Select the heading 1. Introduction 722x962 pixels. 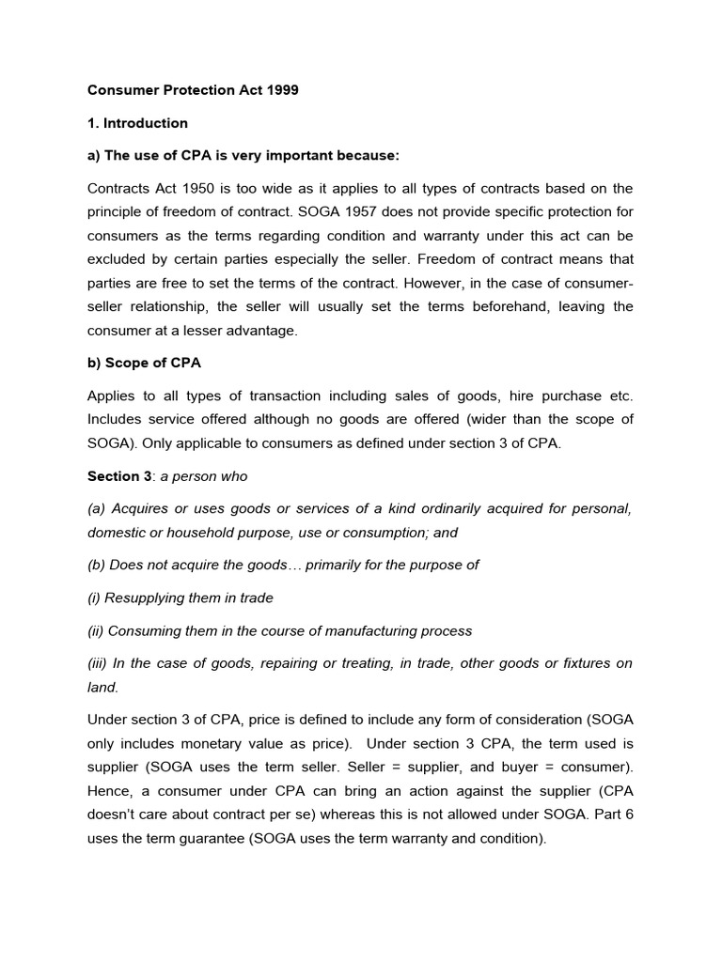[x=137, y=123]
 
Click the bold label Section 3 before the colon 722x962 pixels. [x=119, y=476]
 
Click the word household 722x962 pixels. [x=213, y=532]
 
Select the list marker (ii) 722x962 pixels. [x=97, y=630]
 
